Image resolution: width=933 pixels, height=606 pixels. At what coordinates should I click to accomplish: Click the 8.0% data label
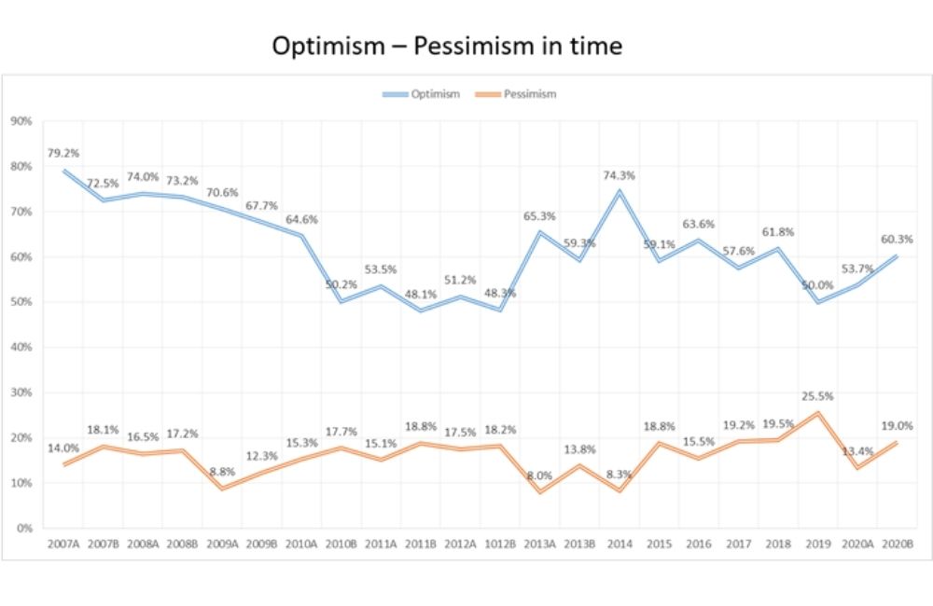pos(540,475)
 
